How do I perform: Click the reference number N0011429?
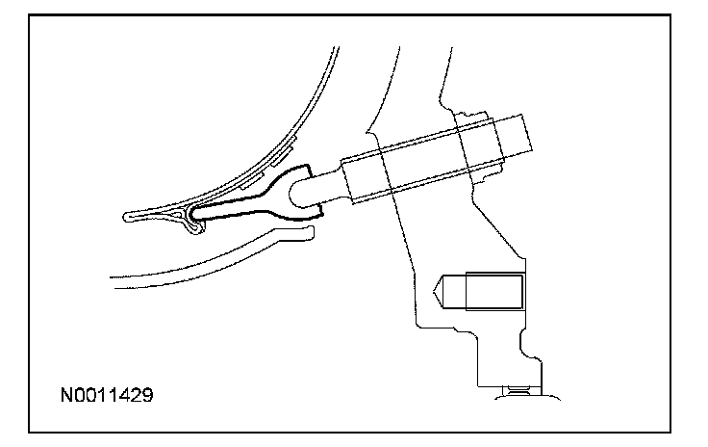pos(107,396)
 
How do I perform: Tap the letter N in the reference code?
pos(66,396)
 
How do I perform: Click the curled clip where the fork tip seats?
pos(192,221)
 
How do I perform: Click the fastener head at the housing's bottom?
pos(518,393)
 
